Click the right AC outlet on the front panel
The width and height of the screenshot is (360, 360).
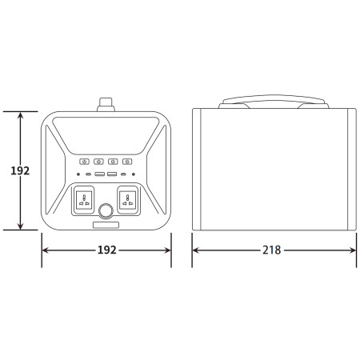pyautogui.click(x=128, y=199)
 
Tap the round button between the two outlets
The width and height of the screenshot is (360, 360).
pyautogui.click(x=106, y=211)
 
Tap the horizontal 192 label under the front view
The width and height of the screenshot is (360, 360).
pyautogui.click(x=106, y=250)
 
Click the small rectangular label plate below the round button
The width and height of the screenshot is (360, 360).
pyautogui.click(x=106, y=224)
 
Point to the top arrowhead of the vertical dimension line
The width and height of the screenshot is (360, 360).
pyautogui.click(x=20, y=114)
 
